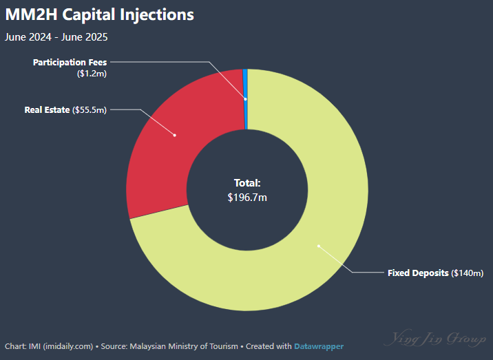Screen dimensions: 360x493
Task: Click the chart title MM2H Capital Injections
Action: point(100,14)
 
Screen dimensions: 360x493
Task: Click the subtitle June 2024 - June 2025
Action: point(56,37)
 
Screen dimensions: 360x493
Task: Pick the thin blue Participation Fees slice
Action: point(245,89)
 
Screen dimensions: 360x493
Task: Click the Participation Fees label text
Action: point(70,62)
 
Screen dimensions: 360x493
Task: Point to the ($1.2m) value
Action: point(92,72)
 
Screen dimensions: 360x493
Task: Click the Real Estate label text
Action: point(47,109)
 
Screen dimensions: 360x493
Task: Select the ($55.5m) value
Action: point(90,109)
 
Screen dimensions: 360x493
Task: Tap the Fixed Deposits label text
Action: point(418,273)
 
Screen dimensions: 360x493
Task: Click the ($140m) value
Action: point(468,273)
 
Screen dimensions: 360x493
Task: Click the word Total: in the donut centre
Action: point(247,183)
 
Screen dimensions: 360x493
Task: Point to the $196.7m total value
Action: point(247,198)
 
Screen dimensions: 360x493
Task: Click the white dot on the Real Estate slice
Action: point(175,135)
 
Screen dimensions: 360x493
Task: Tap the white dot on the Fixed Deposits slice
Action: point(319,246)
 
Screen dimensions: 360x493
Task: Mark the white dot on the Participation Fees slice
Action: point(245,99)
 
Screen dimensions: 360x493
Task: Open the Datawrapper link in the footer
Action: point(319,346)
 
